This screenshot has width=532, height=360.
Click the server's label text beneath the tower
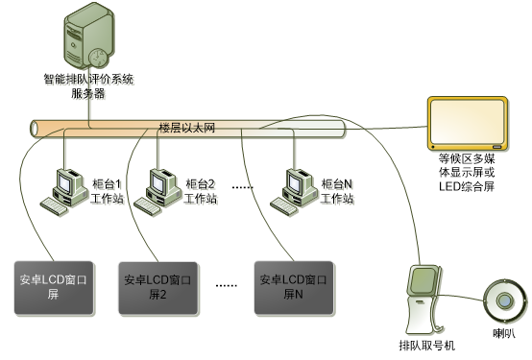pos(90,87)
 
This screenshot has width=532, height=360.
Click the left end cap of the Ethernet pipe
pos(36,128)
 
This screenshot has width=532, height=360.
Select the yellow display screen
pos(467,124)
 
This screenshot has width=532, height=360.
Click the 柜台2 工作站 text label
pos(201,193)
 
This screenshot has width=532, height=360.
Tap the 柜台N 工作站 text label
pos(338,193)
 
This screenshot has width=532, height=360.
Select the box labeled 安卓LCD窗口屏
pos(55,287)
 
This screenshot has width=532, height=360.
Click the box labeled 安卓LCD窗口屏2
pos(157,287)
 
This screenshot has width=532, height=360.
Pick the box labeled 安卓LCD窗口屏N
pos(294,287)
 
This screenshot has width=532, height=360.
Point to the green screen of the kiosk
pos(422,280)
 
